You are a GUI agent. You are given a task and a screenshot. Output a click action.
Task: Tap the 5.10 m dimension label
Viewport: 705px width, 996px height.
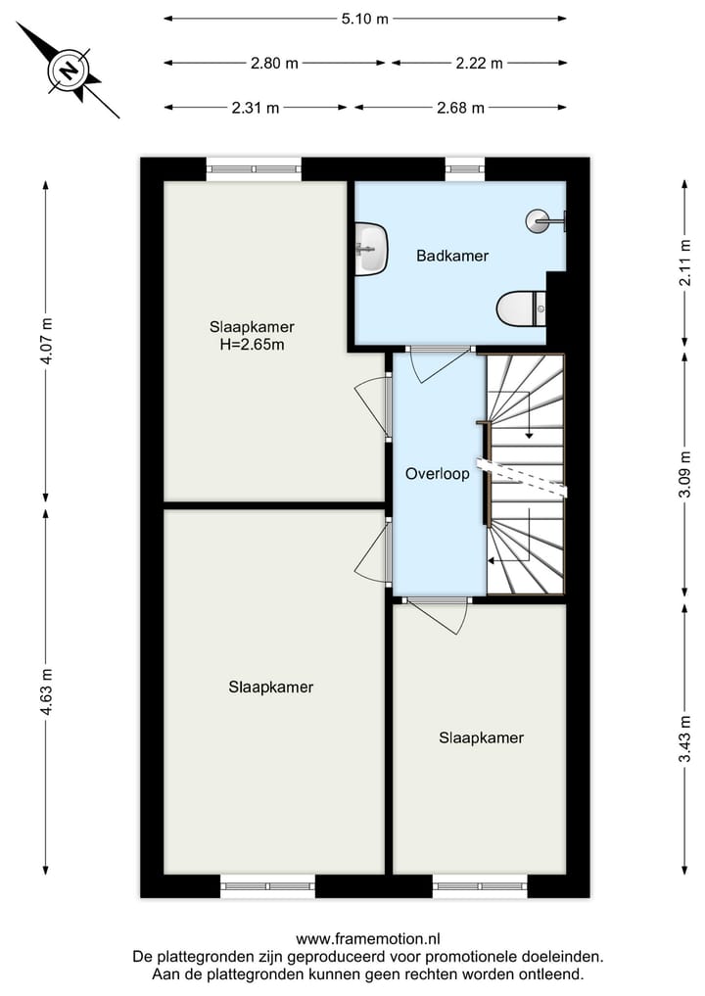365,18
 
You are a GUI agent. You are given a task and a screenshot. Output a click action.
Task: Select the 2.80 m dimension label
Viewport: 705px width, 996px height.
274,64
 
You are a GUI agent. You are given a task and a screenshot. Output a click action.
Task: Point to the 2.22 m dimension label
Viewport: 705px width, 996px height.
479,64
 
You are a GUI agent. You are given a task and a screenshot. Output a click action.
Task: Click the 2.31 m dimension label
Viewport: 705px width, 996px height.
256,108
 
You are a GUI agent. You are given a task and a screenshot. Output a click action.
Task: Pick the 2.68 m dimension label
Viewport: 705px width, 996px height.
460,108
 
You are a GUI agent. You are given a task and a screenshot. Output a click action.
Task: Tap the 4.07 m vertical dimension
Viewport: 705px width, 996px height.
46,341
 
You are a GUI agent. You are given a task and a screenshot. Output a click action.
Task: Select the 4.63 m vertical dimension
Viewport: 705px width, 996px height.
46,691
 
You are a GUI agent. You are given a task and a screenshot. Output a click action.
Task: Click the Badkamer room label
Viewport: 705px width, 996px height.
451,257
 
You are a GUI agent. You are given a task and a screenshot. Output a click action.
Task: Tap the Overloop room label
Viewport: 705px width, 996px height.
437,473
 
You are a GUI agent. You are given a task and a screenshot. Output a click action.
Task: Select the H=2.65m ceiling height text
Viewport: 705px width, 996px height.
252,345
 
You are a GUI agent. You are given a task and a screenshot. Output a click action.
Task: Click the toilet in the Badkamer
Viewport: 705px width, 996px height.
520,309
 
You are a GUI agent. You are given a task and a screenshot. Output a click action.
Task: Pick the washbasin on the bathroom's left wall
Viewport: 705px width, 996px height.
371,248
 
